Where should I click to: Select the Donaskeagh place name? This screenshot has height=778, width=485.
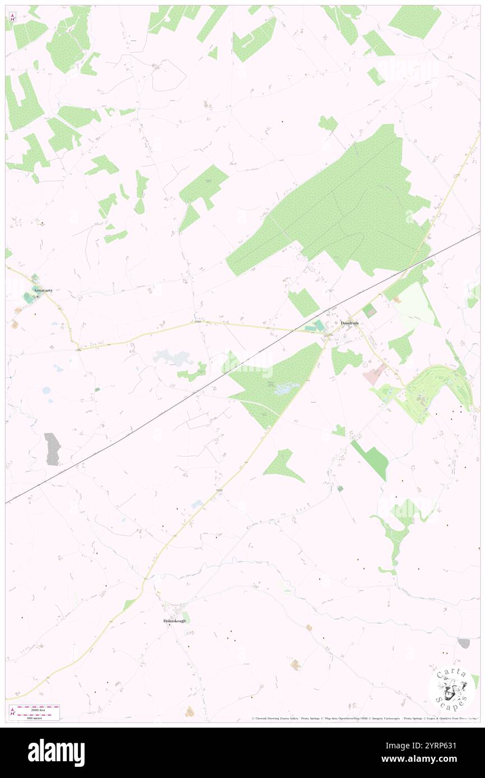coord(174,621)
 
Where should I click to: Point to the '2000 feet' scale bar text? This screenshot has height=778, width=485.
coord(38,708)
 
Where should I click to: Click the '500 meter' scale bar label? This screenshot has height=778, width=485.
coord(37,718)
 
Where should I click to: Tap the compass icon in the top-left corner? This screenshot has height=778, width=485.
coord(13,17)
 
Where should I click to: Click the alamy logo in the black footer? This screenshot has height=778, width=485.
coord(56,753)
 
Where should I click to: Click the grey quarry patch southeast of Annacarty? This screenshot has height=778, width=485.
coord(52,448)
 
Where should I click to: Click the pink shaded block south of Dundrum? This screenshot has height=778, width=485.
coord(374,374)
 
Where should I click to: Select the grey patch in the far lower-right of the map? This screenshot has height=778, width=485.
coord(463,643)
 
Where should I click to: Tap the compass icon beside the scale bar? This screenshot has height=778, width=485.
coord(13,713)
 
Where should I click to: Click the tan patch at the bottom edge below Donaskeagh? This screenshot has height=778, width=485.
coord(190,711)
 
